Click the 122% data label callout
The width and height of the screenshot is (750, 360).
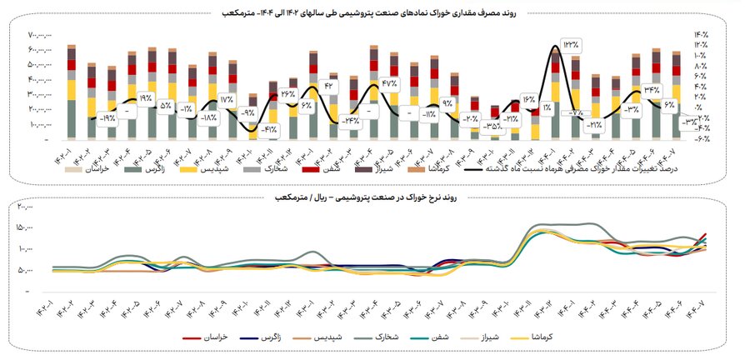(x=570, y=43)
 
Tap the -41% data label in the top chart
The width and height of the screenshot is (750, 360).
(x=268, y=129)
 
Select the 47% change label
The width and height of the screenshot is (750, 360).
(x=390, y=83)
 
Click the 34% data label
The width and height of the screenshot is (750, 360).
(x=651, y=89)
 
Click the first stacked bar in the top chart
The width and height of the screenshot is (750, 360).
(x=72, y=92)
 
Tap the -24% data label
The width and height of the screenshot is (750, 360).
(x=350, y=120)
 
